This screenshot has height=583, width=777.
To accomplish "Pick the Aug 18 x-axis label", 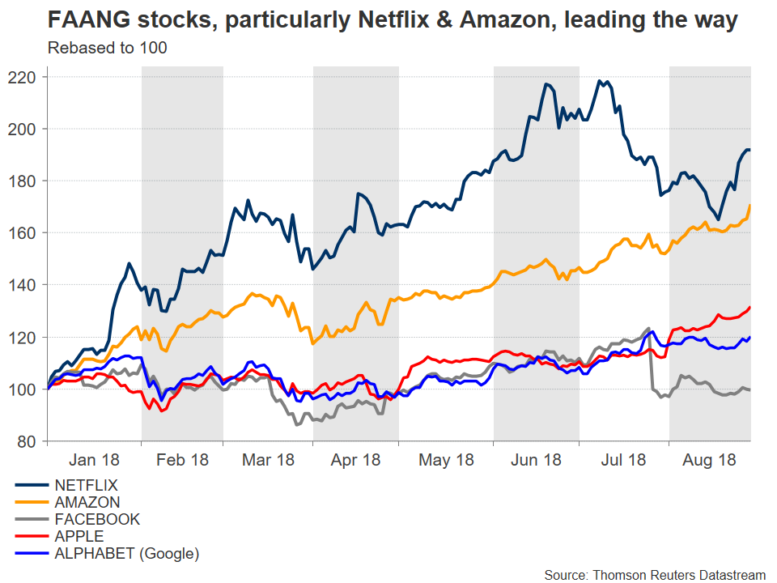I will point(710,459).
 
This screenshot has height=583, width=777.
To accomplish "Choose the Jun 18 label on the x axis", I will point(536,459).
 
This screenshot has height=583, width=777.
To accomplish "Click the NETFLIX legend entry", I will point(86,486).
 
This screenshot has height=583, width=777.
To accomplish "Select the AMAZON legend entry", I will point(87,503).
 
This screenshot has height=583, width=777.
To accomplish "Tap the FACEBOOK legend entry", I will point(97,520).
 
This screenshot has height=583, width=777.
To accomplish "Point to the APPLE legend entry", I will point(79,536).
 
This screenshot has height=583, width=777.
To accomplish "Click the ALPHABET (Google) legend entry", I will point(126,553).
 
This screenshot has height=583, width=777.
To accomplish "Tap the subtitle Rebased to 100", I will point(108,48).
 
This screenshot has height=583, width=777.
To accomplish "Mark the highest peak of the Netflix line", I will point(600,81).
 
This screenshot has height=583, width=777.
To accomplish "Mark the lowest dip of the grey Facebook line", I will point(296,424).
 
